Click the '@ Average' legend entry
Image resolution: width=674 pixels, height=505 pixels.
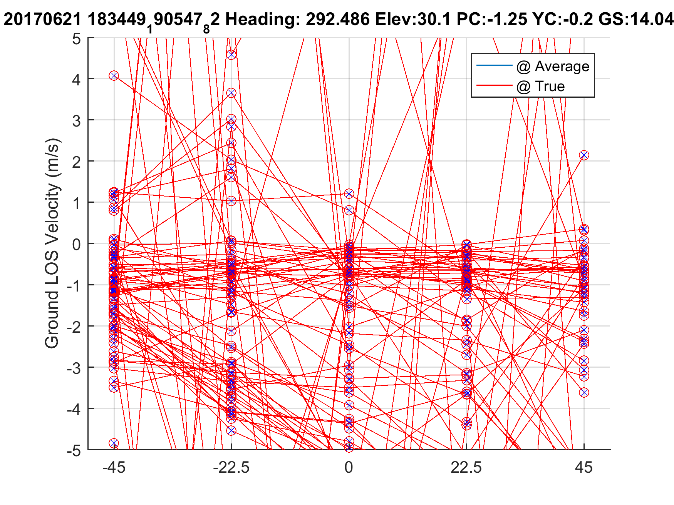pyautogui.click(x=553, y=67)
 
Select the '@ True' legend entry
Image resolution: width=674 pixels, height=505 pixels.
pyautogui.click(x=540, y=87)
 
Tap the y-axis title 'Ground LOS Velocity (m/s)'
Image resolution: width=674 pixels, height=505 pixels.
pyautogui.click(x=53, y=243)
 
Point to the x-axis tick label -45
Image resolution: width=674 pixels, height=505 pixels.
pyautogui.click(x=114, y=468)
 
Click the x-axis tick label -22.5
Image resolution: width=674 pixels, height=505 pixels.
pyautogui.click(x=231, y=468)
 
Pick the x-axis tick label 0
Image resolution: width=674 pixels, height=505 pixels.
pyautogui.click(x=349, y=468)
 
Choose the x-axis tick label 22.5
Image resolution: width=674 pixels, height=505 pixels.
pyautogui.click(x=466, y=468)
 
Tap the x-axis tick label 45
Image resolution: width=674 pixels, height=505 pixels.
pyautogui.click(x=584, y=468)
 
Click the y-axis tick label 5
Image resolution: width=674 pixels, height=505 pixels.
pyautogui.click(x=76, y=39)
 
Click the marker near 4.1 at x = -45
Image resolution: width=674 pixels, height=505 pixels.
pyautogui.click(x=114, y=75)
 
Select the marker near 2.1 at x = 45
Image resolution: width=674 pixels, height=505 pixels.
pyautogui.click(x=584, y=155)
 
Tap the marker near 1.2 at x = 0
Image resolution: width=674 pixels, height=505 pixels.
pyautogui.click(x=349, y=193)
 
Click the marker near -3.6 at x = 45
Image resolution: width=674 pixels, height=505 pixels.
pyautogui.click(x=584, y=392)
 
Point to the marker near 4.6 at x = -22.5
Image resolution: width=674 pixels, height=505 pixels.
pyautogui.click(x=231, y=55)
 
